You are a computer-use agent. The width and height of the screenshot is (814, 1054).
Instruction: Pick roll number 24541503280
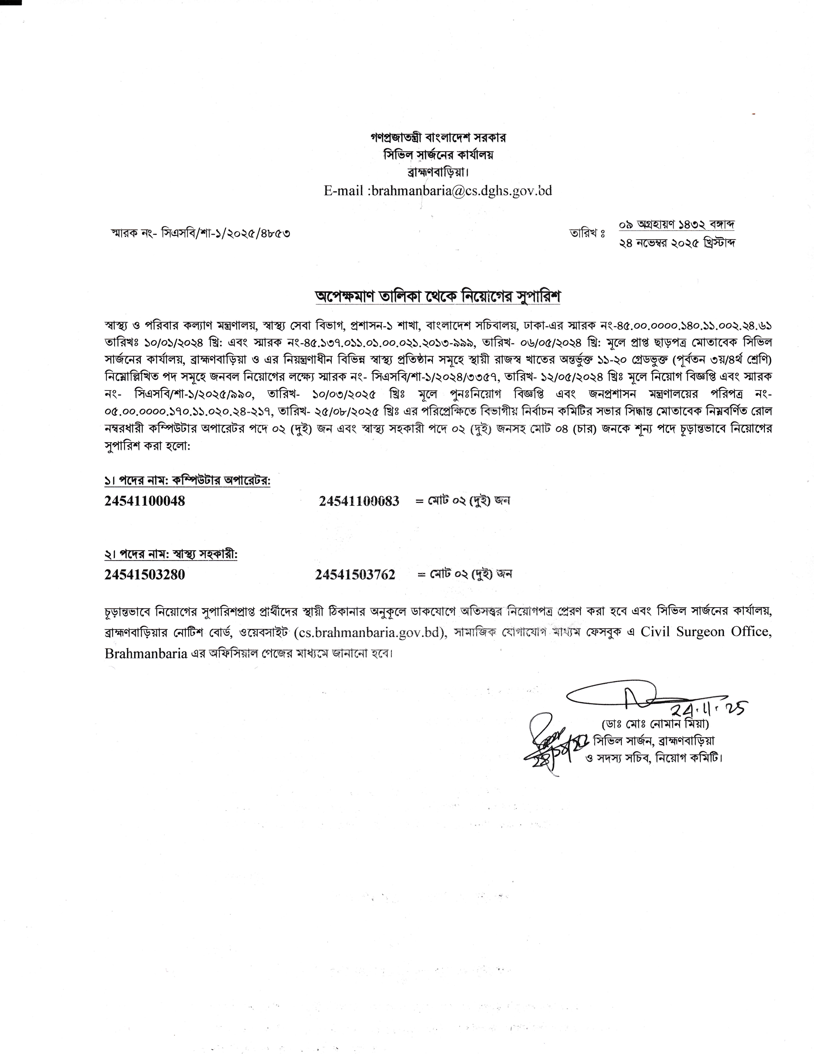pyautogui.click(x=145, y=574)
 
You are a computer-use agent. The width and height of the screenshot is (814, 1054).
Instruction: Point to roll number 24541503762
pyautogui.click(x=355, y=574)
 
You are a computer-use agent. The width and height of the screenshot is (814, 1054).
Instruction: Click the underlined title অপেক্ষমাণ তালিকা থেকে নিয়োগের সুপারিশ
pyautogui.click(x=437, y=297)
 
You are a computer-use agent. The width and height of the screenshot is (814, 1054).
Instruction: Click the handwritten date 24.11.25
pyautogui.click(x=709, y=708)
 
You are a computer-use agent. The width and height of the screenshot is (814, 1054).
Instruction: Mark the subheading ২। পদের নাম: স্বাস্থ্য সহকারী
pyautogui.click(x=171, y=555)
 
